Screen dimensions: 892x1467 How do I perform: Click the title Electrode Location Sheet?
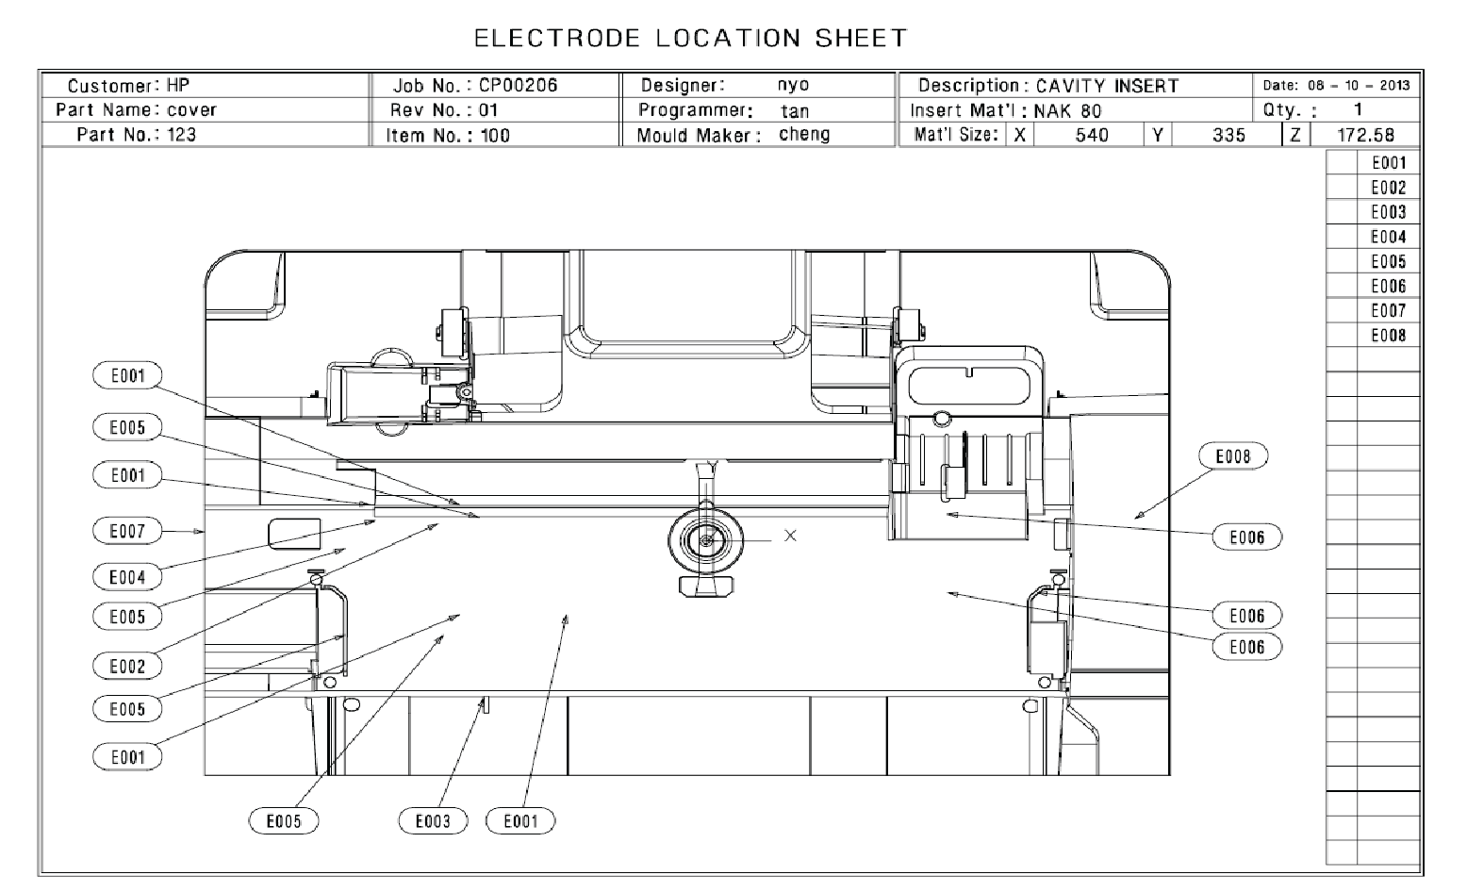point(690,39)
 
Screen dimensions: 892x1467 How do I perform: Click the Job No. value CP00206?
point(518,85)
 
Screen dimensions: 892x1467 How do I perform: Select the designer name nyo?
point(793,85)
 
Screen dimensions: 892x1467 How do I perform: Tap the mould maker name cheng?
point(804,134)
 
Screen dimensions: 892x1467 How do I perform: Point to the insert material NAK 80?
point(1067,110)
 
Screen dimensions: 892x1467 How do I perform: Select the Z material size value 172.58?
point(1365,135)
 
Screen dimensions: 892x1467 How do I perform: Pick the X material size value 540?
point(1092,135)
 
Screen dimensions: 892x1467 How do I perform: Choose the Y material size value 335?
point(1228,135)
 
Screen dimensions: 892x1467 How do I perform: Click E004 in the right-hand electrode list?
point(1388,237)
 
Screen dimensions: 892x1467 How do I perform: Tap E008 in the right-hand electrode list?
point(1388,335)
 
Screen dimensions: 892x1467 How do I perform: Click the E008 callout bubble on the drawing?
point(1232,456)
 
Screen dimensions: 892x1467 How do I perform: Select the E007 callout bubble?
point(127,531)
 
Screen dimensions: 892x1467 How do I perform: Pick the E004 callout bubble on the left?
point(127,577)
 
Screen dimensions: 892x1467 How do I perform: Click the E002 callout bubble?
point(127,666)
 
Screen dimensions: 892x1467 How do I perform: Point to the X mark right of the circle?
point(790,536)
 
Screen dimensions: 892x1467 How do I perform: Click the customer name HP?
point(178,85)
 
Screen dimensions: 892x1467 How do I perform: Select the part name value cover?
point(191,109)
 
